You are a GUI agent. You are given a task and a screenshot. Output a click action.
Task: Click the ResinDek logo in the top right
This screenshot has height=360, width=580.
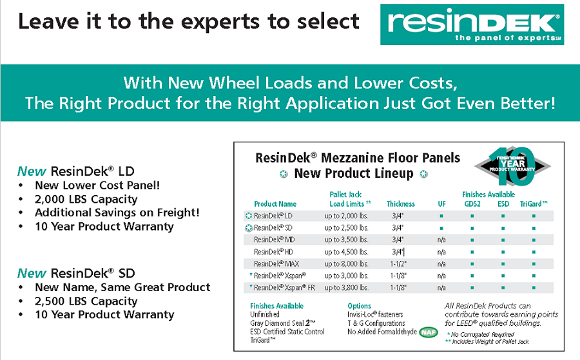pos(472,24)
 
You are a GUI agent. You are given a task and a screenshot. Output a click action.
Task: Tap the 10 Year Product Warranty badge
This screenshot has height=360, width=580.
pos(513,166)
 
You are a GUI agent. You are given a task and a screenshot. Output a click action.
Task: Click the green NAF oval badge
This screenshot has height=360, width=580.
pos(429,332)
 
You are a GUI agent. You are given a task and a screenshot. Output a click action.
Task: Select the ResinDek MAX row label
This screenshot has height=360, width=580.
pos(276,264)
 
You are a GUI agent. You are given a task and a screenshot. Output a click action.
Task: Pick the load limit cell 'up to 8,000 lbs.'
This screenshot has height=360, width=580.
pos(347,264)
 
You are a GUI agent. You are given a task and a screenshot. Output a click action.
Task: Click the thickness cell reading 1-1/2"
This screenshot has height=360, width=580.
pos(398,264)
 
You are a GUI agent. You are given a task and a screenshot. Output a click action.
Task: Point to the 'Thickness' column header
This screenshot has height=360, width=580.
pos(401,204)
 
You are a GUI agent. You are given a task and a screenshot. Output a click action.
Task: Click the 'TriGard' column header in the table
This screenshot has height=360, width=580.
pos(534,204)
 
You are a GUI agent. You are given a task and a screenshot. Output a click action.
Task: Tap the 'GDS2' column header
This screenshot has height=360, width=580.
pos(472,204)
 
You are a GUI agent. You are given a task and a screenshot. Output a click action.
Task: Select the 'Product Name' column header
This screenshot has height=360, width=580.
pos(275,204)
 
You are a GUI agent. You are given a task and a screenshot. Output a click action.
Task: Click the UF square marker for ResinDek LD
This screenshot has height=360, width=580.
pos(441,216)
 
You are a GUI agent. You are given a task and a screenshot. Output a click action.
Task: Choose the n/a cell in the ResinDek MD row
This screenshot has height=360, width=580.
pos(441,240)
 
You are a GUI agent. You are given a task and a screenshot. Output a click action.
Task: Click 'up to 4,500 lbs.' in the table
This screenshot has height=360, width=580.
pos(347,252)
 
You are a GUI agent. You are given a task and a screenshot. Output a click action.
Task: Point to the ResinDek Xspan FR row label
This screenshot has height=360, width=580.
pos(284,288)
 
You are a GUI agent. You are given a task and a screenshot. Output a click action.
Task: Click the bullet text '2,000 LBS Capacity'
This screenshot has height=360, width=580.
pos(86,199)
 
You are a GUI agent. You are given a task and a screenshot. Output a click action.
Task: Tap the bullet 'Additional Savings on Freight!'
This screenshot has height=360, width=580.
pos(117,213)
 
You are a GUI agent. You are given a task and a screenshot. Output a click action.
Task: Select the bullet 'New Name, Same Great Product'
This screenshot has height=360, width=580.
pos(122,287)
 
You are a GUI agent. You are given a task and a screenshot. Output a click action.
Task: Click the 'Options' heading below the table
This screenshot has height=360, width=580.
pos(359,306)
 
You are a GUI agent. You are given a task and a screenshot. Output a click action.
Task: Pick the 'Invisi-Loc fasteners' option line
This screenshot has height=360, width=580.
pos(375,314)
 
